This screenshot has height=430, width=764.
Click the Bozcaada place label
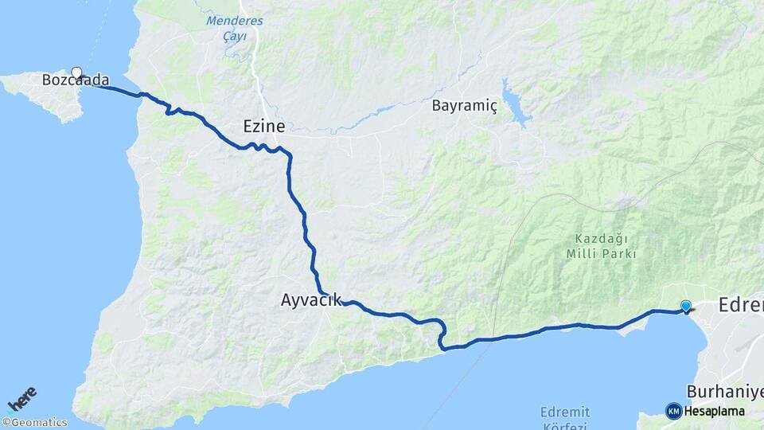(76, 80)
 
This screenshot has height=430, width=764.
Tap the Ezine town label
(263, 125)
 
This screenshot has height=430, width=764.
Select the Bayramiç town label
(464, 105)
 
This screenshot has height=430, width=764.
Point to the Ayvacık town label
(311, 300)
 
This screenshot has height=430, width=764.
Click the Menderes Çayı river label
(235, 29)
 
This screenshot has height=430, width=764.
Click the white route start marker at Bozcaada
(77, 72)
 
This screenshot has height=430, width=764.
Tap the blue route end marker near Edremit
(686, 305)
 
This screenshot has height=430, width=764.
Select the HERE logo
(21, 398)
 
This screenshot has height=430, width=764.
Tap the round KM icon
(674, 411)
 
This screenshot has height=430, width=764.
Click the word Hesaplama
(715, 412)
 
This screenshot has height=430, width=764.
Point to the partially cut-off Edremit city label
(741, 304)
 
